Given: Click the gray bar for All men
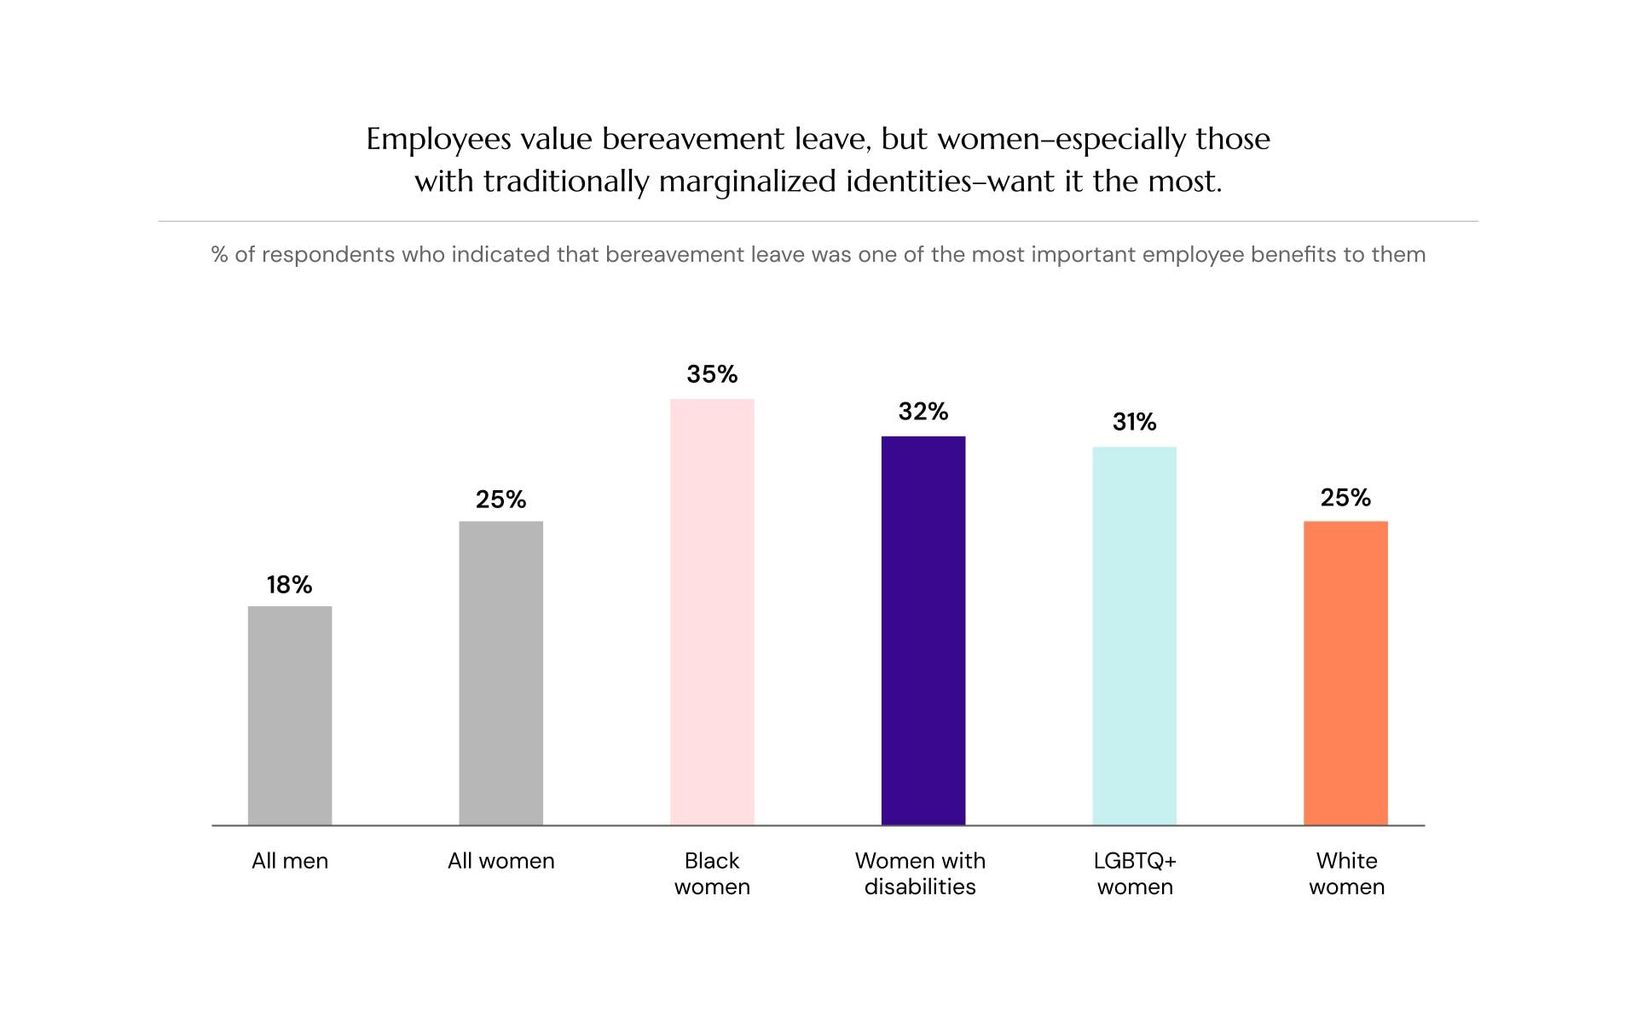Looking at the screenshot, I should pyautogui.click(x=290, y=715).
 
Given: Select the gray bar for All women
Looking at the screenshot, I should pyautogui.click(x=500, y=673).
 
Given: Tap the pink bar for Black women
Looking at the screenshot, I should pyautogui.click(x=712, y=611).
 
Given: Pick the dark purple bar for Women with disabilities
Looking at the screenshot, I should pyautogui.click(x=923, y=630).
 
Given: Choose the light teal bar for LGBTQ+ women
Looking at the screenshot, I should pyautogui.click(x=1134, y=635).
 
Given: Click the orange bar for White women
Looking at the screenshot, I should pyautogui.click(x=1345, y=673).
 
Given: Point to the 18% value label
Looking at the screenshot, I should pyautogui.click(x=290, y=585).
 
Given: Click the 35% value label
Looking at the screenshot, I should pyautogui.click(x=712, y=374).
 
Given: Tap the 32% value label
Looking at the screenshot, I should pyautogui.click(x=923, y=412).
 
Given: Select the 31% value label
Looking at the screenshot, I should pyautogui.click(x=1134, y=422).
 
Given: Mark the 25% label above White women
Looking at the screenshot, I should pyautogui.click(x=1345, y=498).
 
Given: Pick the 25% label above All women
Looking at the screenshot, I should pyautogui.click(x=500, y=500).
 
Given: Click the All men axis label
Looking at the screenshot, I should pyautogui.click(x=290, y=861).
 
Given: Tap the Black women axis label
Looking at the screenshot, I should pyautogui.click(x=712, y=874).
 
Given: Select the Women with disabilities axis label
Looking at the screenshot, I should pyautogui.click(x=920, y=874).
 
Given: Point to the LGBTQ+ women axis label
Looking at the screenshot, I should pyautogui.click(x=1135, y=874).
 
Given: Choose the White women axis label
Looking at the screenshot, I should pyautogui.click(x=1346, y=874).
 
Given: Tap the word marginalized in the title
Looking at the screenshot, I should pyautogui.click(x=747, y=182).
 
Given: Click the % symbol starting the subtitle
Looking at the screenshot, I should pyautogui.click(x=219, y=255).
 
